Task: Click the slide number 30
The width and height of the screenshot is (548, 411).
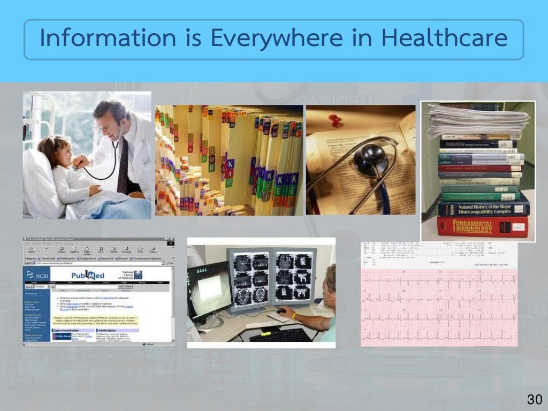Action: pyautogui.click(x=534, y=399)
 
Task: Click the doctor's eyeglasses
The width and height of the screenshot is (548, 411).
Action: pyautogui.click(x=105, y=127)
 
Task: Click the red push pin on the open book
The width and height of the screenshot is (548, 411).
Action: pyautogui.click(x=334, y=120)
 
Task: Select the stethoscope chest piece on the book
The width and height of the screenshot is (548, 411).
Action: pyautogui.click(x=372, y=159)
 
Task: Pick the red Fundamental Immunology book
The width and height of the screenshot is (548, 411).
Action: pyautogui.click(x=482, y=226)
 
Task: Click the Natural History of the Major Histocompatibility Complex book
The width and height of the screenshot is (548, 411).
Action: pyautogui.click(x=483, y=207)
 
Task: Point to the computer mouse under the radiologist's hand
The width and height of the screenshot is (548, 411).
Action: pyautogui.click(x=280, y=311)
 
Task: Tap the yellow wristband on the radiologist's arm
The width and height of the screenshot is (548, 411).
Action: pyautogui.click(x=294, y=316)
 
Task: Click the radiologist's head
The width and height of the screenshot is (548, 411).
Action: pyautogui.click(x=331, y=278)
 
